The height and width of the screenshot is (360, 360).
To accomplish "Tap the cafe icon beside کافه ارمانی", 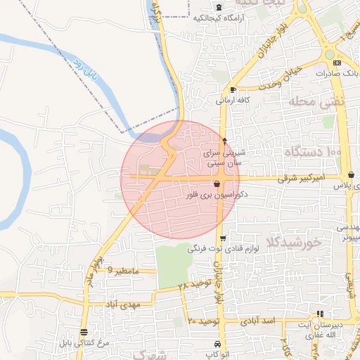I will coord(233,90).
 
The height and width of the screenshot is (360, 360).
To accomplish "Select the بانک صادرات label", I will coord(340,72).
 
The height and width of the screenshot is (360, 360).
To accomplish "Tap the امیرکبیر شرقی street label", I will coord(301,179).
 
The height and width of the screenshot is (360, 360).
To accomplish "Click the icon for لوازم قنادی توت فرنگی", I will coord(223,238).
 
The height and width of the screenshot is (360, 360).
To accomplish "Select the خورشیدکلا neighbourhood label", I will coord(293,243).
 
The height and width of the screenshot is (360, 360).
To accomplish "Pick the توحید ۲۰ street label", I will coord(204,321).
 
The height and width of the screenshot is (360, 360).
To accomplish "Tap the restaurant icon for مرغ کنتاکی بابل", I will coord(84,332).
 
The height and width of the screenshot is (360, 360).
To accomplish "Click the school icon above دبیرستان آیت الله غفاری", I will coord(321,314).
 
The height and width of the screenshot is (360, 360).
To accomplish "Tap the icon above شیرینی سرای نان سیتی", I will coord(224,141).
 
